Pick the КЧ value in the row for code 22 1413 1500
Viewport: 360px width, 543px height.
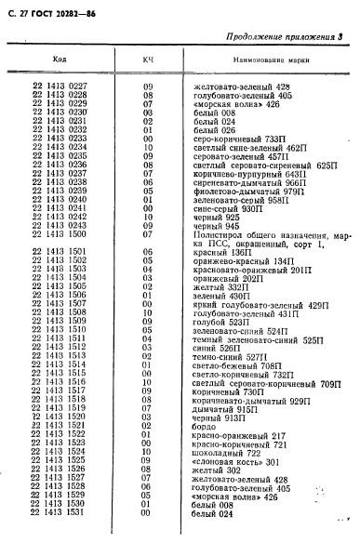tap(147, 234)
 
